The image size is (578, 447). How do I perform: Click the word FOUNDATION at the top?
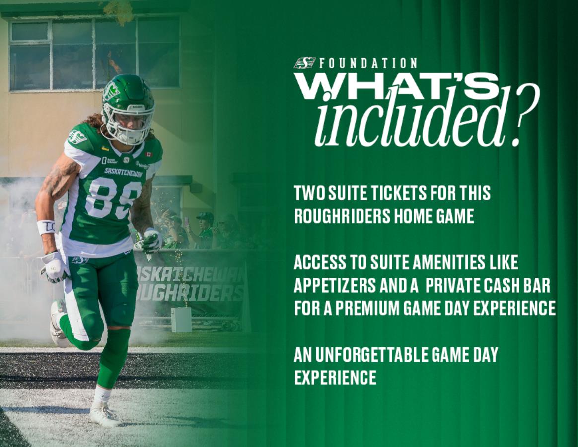[368, 63]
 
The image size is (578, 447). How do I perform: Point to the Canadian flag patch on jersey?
[149, 154]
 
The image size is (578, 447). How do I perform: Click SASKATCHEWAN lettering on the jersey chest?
[123, 172]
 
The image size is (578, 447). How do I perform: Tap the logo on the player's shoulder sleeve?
[77, 137]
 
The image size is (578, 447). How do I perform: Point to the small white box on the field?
[181, 320]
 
